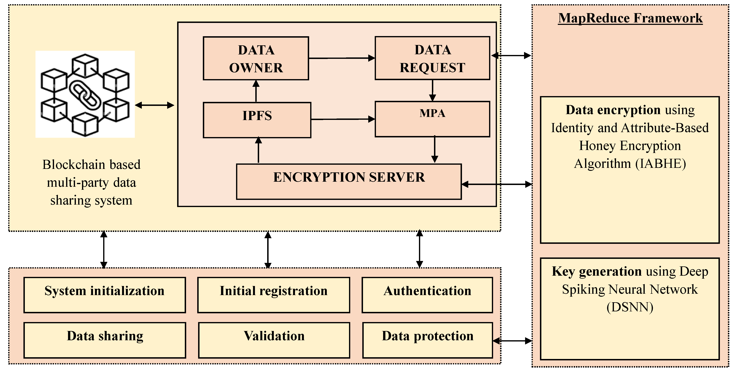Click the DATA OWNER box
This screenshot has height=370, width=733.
256,58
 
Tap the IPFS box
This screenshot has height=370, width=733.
257,120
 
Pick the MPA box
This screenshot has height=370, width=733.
432,119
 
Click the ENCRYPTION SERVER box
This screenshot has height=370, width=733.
349,181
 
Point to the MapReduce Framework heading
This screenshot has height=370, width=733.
630,18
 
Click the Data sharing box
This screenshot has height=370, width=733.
105,340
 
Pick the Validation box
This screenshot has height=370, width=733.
274,340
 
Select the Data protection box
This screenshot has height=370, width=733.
427,340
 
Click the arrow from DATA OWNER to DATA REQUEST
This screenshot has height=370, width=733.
341,58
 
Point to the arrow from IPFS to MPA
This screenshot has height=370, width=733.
343,119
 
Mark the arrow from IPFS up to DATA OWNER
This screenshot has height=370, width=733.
256,91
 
